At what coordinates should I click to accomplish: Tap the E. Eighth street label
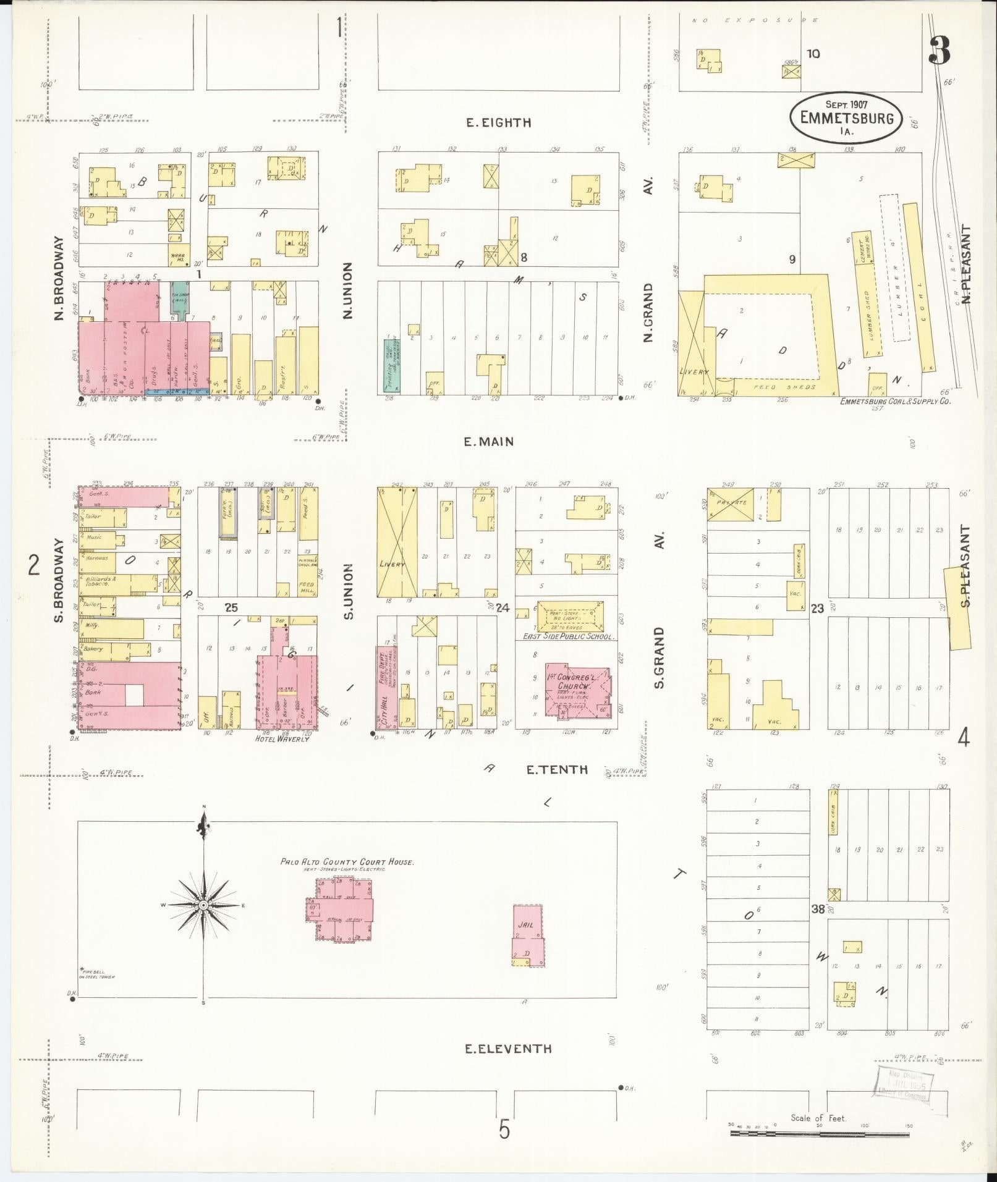pyautogui.click(x=498, y=122)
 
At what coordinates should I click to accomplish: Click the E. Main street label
pyautogui.click(x=488, y=441)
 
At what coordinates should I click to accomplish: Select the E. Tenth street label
pyautogui.click(x=556, y=769)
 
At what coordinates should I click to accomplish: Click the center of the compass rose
pyautogui.click(x=203, y=905)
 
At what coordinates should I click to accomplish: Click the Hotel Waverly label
pyautogui.click(x=282, y=738)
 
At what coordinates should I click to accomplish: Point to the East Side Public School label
pyautogui.click(x=567, y=636)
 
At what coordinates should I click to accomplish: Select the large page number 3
pyautogui.click(x=939, y=51)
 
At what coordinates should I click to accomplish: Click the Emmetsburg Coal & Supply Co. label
pyautogui.click(x=894, y=401)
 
